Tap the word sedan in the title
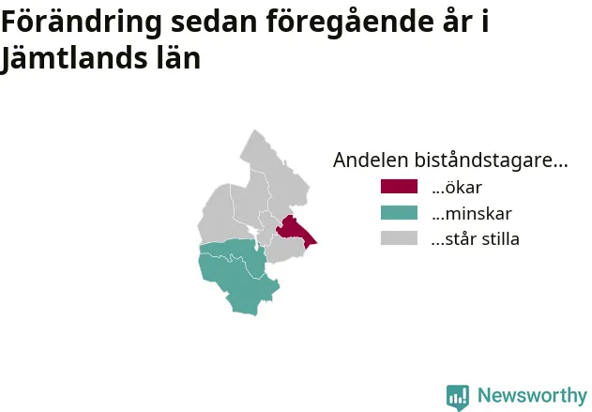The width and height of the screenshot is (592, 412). click(214, 22)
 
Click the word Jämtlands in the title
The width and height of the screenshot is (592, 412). click(73, 59)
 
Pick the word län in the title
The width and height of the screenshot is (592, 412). click(178, 58)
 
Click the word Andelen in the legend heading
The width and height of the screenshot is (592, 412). click(371, 160)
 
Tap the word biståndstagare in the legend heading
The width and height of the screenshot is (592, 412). click(491, 160)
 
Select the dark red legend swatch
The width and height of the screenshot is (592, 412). click(399, 187)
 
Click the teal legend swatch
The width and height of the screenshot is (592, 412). click(399, 213)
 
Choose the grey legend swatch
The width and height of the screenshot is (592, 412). click(399, 238)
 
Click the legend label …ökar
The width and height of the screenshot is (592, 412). click(457, 188)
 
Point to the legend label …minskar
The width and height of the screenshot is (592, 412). click(472, 214)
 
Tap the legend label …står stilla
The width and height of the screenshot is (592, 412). click(476, 239)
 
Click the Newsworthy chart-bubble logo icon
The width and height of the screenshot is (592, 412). click(458, 397)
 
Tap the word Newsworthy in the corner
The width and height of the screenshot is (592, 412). click(532, 395)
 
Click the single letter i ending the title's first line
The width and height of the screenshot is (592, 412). click(485, 21)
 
